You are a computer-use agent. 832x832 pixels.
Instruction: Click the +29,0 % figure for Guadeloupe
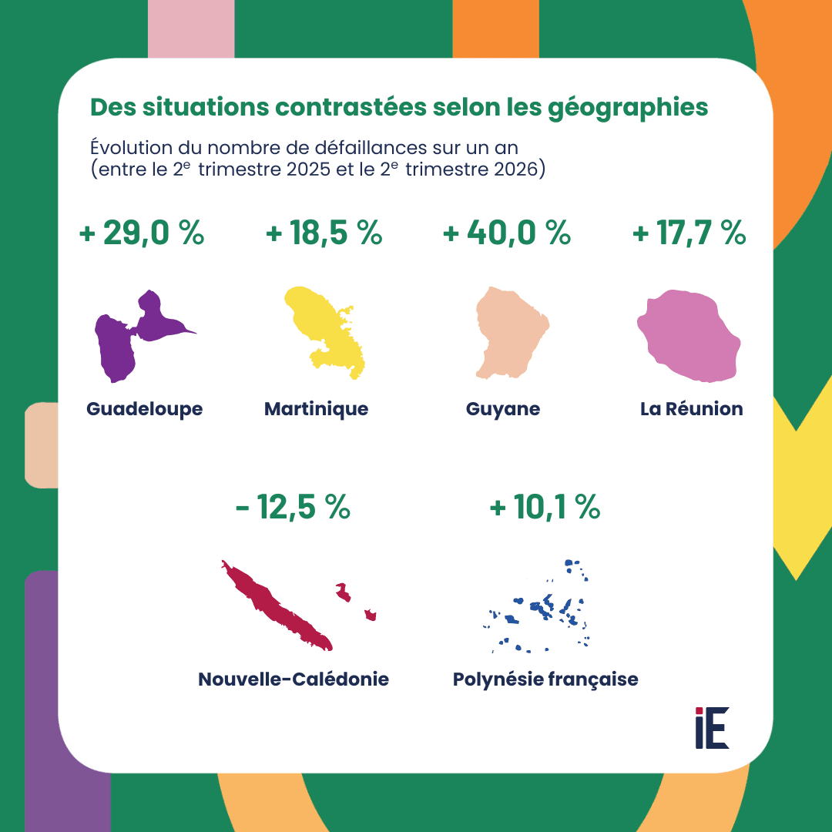tap(142, 233)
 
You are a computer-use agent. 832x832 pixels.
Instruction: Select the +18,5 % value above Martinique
tap(324, 233)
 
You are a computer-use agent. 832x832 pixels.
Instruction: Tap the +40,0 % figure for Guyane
tap(507, 233)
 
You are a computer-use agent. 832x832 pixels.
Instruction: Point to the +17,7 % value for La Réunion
tap(689, 233)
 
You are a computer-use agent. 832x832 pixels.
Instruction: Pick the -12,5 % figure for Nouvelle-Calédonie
tap(293, 507)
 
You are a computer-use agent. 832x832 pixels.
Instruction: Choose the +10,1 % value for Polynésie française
tap(545, 507)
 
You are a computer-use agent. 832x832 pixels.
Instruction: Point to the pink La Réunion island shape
tap(689, 336)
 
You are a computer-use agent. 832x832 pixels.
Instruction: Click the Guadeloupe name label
tap(144, 409)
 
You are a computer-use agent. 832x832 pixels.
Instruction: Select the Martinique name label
tap(317, 409)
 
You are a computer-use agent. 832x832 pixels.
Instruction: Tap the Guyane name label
tap(503, 409)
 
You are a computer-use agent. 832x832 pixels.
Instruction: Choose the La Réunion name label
tap(691, 408)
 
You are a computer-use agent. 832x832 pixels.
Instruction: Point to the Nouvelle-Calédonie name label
tap(294, 679)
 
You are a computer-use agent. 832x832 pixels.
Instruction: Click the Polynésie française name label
tap(545, 679)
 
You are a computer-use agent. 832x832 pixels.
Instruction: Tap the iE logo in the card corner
tap(712, 728)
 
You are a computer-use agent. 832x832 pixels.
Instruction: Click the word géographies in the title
tap(628, 109)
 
